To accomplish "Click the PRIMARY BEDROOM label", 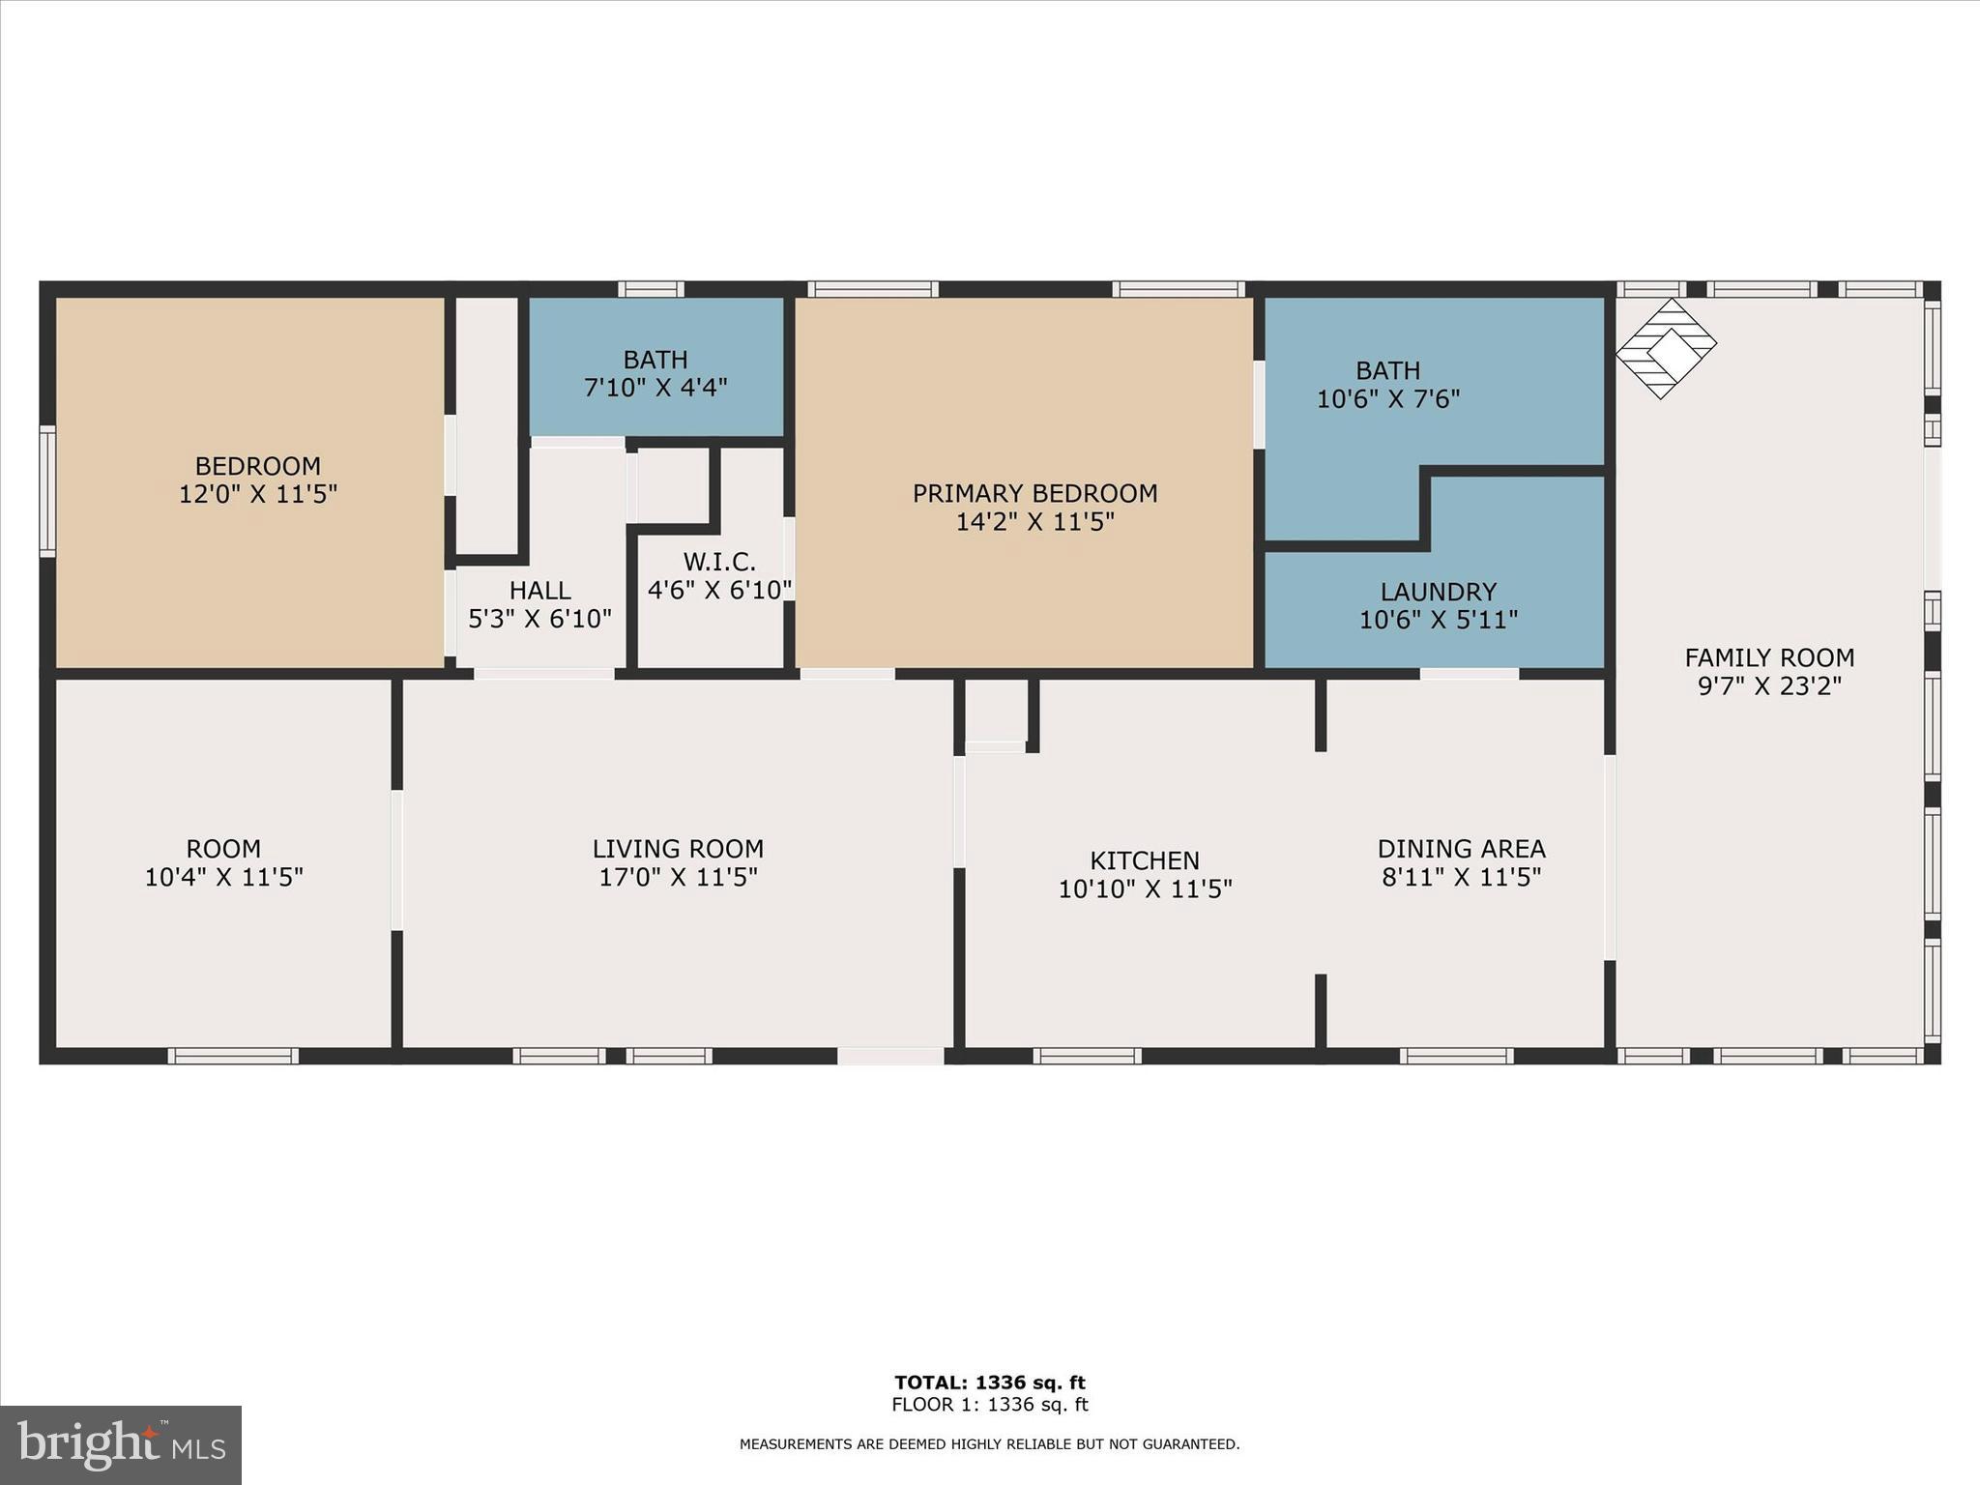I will tap(1034, 493).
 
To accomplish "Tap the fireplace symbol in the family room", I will tap(1666, 348).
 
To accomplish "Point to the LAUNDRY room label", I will tap(1438, 592).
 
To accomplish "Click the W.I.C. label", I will tap(719, 562).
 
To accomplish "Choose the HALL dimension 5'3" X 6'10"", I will tap(539, 619).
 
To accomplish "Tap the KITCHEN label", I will tap(1145, 860).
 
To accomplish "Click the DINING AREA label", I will tap(1461, 849).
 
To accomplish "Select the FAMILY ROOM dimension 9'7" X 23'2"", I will tap(1769, 686).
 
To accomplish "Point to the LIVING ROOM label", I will tap(678, 849).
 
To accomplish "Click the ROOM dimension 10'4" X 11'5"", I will tap(223, 878).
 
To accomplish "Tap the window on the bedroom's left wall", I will tap(47, 491).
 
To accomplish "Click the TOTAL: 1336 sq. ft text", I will tap(989, 1383).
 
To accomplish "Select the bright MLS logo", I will tap(121, 1444).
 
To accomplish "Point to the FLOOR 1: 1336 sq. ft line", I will tap(989, 1405).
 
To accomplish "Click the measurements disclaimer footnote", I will tap(989, 1444).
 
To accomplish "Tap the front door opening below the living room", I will tap(890, 1056).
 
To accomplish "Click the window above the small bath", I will tap(651, 289).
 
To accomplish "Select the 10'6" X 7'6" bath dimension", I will tap(1387, 399).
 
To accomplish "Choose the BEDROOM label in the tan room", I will tap(257, 466).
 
